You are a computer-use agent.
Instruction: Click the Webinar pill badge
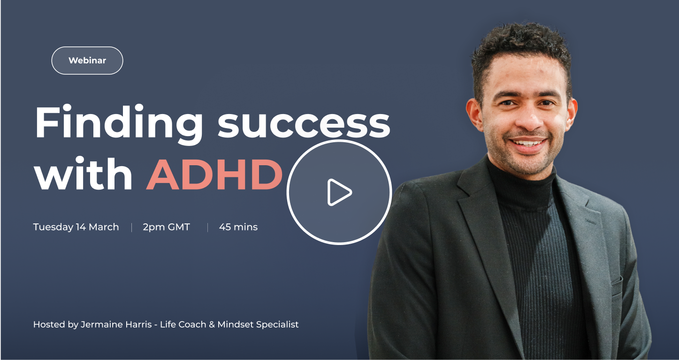[87, 61]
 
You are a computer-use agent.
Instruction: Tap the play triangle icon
[339, 192]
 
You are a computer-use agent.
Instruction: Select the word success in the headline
[304, 124]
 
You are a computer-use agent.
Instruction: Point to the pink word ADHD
[214, 175]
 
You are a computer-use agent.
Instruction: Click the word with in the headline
[84, 174]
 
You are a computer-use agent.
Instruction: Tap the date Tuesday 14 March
[76, 227]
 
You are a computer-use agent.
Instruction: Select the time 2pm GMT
[167, 227]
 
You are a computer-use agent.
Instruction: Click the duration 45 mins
[238, 227]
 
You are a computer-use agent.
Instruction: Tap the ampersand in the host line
[212, 324]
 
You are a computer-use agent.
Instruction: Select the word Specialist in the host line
[277, 325]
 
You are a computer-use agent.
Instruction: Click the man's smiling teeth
[528, 143]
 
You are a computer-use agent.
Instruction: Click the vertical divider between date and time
[131, 228]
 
